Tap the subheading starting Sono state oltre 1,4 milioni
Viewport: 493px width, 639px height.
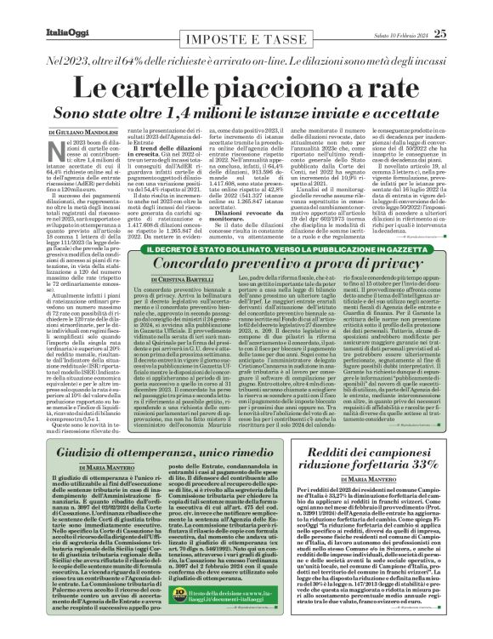[x=246, y=113]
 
